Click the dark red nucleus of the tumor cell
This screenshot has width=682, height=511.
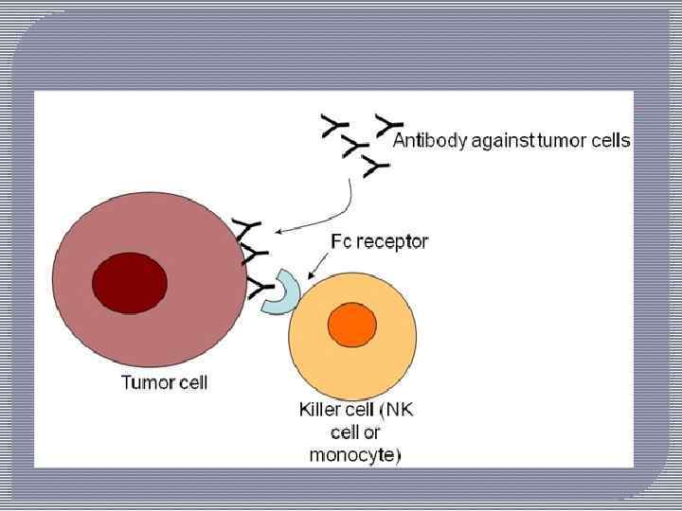click(x=130, y=282)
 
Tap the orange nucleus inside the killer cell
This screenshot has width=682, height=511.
click(x=351, y=325)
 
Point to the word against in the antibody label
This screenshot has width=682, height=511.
click(x=502, y=142)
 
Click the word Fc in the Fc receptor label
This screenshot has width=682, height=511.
click(x=341, y=241)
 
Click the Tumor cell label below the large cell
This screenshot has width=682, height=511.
click(x=164, y=383)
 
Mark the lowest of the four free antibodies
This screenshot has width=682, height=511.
click(x=376, y=167)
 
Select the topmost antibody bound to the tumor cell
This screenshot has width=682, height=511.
click(x=246, y=230)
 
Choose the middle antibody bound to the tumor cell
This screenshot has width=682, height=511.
click(x=254, y=255)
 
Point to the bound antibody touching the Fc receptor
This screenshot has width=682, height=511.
click(x=259, y=285)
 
